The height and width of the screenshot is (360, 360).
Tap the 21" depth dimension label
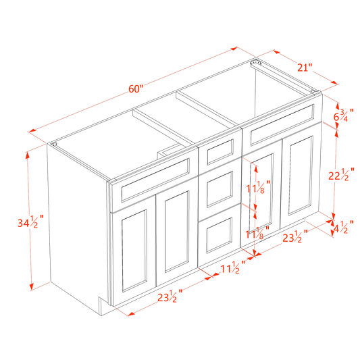pyautogui.click(x=305, y=67)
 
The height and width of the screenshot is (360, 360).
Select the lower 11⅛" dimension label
pyautogui.click(x=257, y=233)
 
